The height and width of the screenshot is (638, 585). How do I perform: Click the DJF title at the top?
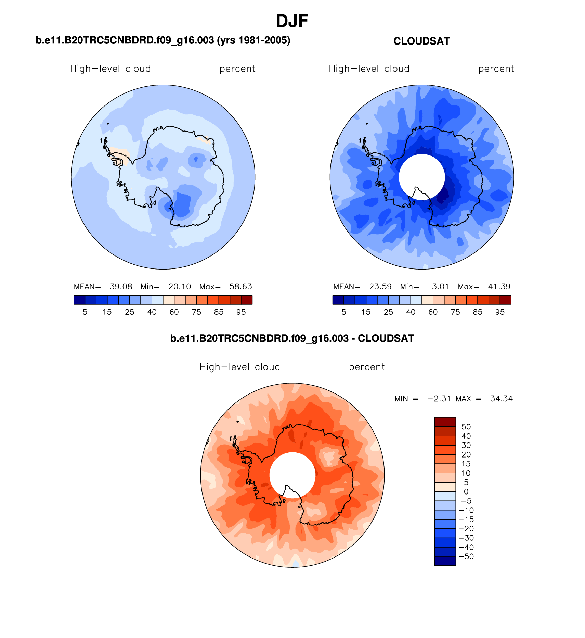pyautogui.click(x=292, y=21)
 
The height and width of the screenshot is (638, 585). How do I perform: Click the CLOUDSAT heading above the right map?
pyautogui.click(x=421, y=41)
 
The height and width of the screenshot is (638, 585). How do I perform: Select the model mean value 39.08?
pyautogui.click(x=121, y=287)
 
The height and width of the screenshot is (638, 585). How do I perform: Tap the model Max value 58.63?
pyautogui.click(x=240, y=287)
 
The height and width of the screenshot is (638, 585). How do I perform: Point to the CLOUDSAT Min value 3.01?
pyautogui.click(x=440, y=287)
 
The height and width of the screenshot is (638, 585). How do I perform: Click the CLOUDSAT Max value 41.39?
pyautogui.click(x=499, y=287)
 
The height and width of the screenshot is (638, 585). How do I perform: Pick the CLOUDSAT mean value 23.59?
pyautogui.click(x=380, y=287)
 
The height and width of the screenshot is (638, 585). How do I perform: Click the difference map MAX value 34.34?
pyautogui.click(x=501, y=399)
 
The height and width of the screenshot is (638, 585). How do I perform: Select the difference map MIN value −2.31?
pyautogui.click(x=439, y=399)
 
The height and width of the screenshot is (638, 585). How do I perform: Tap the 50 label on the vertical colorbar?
pyautogui.click(x=466, y=427)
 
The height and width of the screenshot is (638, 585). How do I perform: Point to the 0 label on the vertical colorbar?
pyautogui.click(x=466, y=492)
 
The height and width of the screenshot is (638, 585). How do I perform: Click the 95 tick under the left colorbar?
pyautogui.click(x=241, y=312)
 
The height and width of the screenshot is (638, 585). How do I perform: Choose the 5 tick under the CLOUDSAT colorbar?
pyautogui.click(x=344, y=312)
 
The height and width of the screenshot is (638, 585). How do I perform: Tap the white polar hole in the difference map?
pyautogui.click(x=292, y=471)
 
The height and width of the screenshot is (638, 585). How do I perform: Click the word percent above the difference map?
pyautogui.click(x=367, y=367)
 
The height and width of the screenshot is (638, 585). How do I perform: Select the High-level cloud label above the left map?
pyautogui.click(x=110, y=69)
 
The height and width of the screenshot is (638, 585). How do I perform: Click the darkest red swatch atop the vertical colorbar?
pyautogui.click(x=445, y=422)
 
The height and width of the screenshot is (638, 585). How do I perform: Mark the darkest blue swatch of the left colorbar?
pyautogui.click(x=79, y=300)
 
